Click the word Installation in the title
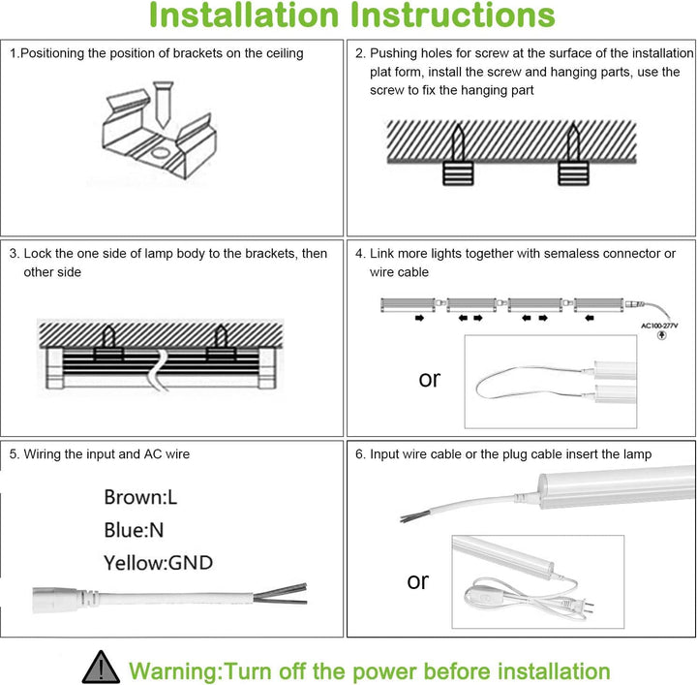(242, 16)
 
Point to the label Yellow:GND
(159, 562)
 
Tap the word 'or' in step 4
(430, 379)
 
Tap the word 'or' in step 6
(417, 581)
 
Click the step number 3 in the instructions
(14, 254)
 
